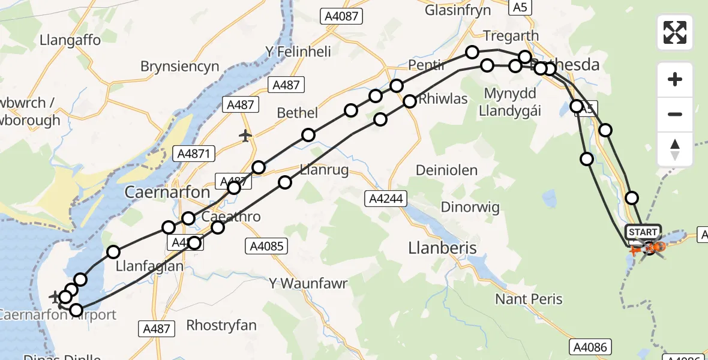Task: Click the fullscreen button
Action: [675, 32]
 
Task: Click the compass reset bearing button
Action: [675, 149]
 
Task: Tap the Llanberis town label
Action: [442, 248]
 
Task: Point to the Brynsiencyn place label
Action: [179, 66]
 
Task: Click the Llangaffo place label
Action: [70, 40]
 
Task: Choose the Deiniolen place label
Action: [446, 170]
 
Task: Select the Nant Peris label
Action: [529, 298]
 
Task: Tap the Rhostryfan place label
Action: [221, 326]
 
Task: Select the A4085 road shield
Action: [268, 245]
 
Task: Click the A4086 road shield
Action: [590, 346]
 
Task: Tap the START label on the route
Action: [643, 232]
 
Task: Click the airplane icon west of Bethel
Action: [245, 136]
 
